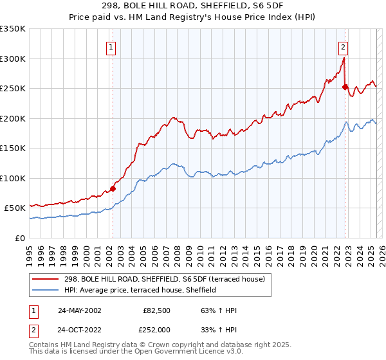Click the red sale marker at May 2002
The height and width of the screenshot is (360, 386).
click(113, 188)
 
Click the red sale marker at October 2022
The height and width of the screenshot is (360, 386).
click(345, 87)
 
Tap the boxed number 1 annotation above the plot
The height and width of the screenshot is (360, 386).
click(111, 46)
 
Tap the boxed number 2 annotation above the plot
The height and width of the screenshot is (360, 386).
click(344, 46)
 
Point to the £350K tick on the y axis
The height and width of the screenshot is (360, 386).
click(13, 29)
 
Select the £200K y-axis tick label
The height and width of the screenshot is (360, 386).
click(13, 118)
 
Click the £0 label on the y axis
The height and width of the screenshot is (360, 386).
click(19, 238)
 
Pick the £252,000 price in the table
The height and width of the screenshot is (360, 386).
click(157, 328)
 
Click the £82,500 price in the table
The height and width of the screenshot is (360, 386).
click(157, 310)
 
